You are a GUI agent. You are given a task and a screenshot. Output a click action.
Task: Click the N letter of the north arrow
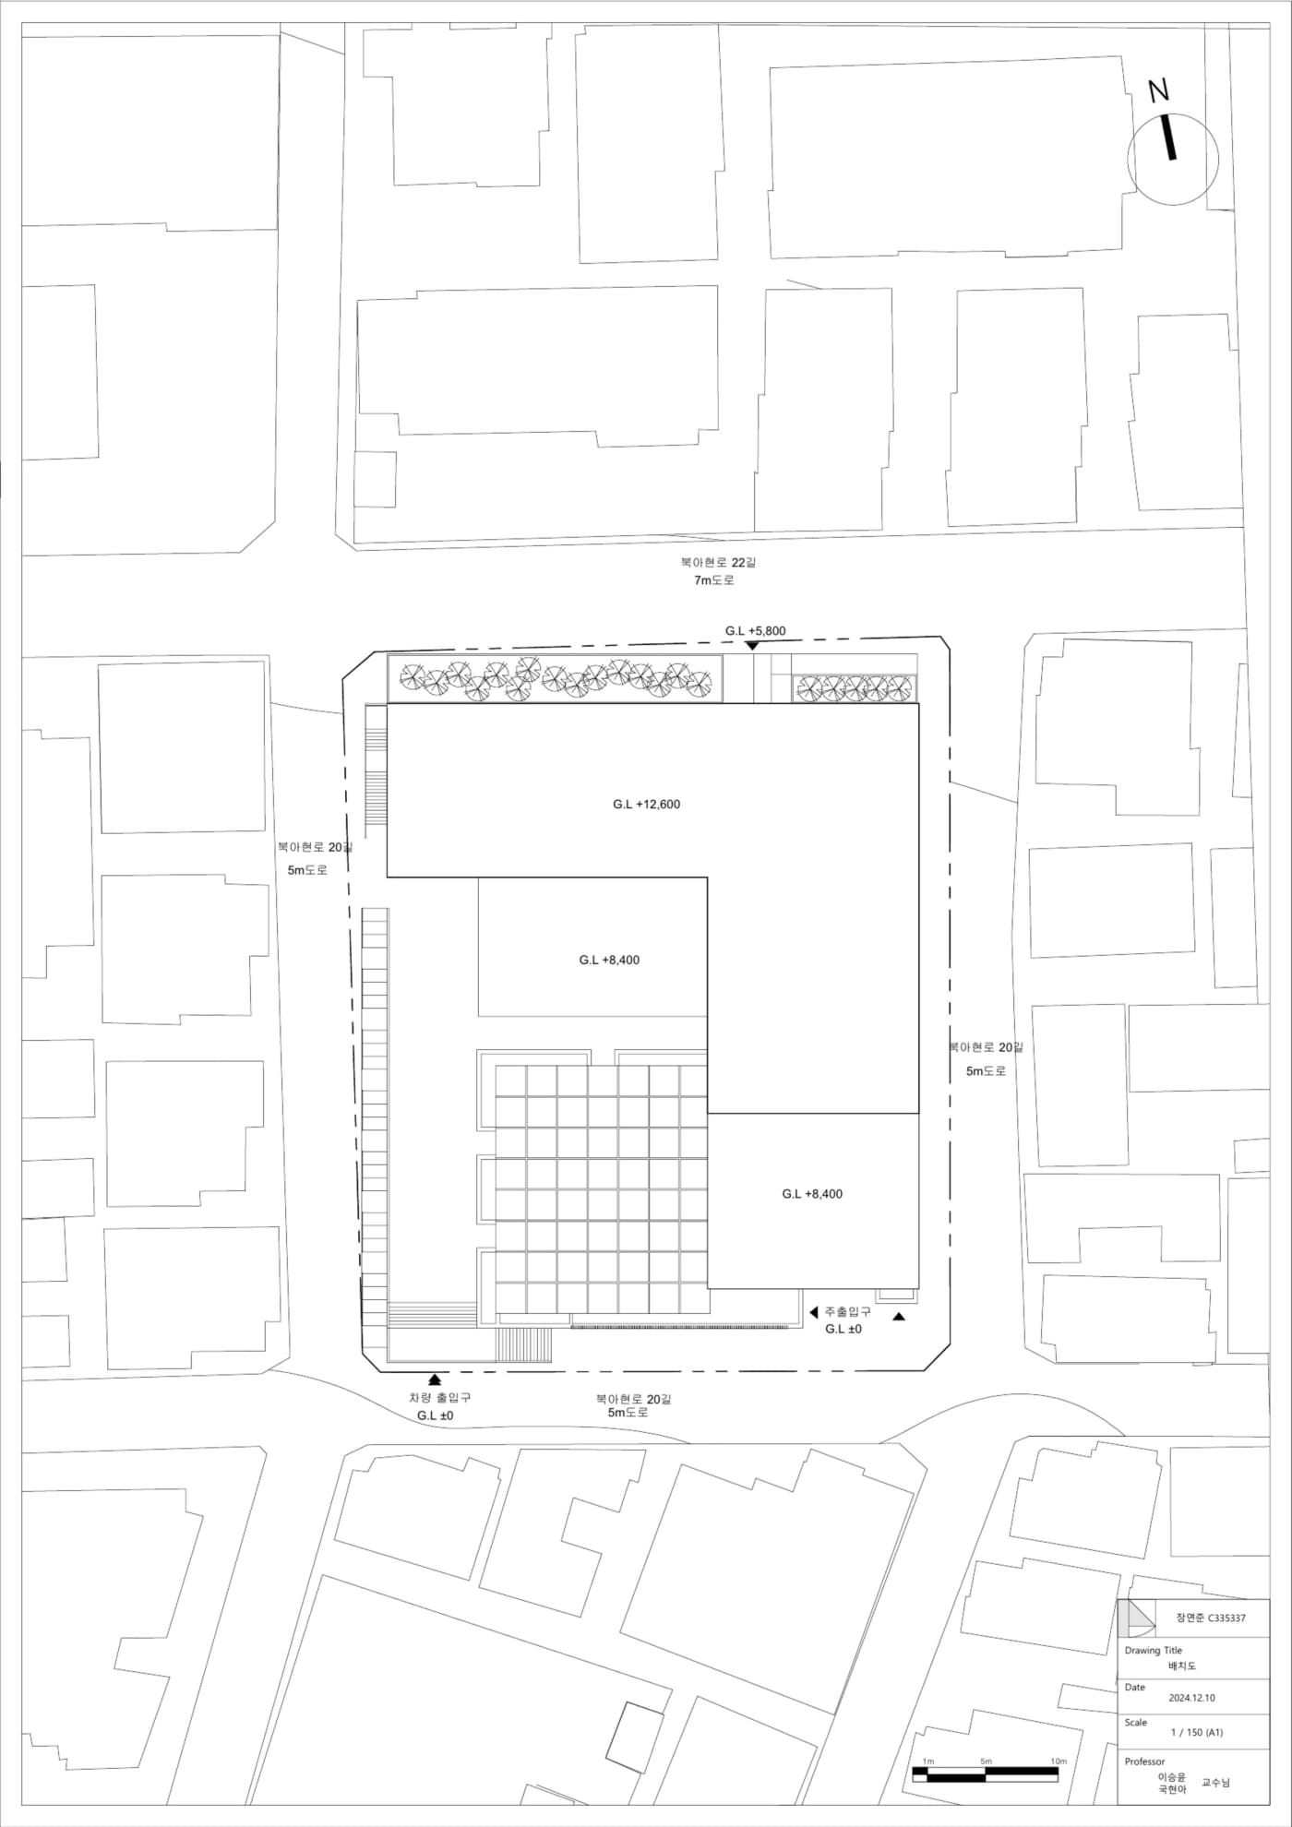pos(1159,90)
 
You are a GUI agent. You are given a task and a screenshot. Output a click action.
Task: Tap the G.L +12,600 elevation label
pos(646,805)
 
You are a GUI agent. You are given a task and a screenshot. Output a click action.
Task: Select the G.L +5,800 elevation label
pos(755,631)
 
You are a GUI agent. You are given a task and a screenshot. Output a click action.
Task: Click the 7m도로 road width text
pos(714,580)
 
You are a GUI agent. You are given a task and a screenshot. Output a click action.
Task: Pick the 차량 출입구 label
pos(439,1398)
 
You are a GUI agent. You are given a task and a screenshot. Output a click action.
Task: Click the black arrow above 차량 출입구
pos(435,1380)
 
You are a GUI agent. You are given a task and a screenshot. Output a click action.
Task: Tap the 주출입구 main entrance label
pos(847,1311)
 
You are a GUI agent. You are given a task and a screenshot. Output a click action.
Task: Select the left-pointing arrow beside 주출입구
pos(814,1312)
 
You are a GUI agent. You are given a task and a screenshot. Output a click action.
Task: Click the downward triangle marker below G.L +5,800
pos(752,646)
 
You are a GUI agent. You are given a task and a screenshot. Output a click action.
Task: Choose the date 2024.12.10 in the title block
pos(1191,1698)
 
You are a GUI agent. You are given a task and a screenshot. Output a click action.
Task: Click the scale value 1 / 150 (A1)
pos(1197,1732)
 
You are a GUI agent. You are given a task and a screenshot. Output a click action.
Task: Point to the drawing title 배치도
pos(1182,1666)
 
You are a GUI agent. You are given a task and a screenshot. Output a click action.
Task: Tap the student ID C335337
pos(1226,1618)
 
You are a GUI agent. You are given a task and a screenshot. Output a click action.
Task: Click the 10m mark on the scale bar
pos(1059,1761)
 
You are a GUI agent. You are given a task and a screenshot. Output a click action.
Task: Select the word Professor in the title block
pos(1144,1761)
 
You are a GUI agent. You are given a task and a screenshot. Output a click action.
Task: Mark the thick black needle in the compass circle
pos(1168,137)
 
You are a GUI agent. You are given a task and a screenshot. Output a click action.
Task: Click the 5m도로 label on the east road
pos(986,1071)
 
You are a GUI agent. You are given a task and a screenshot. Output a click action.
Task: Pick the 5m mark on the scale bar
pos(986,1761)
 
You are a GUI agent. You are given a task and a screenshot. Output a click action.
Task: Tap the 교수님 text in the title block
pos(1215,1783)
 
